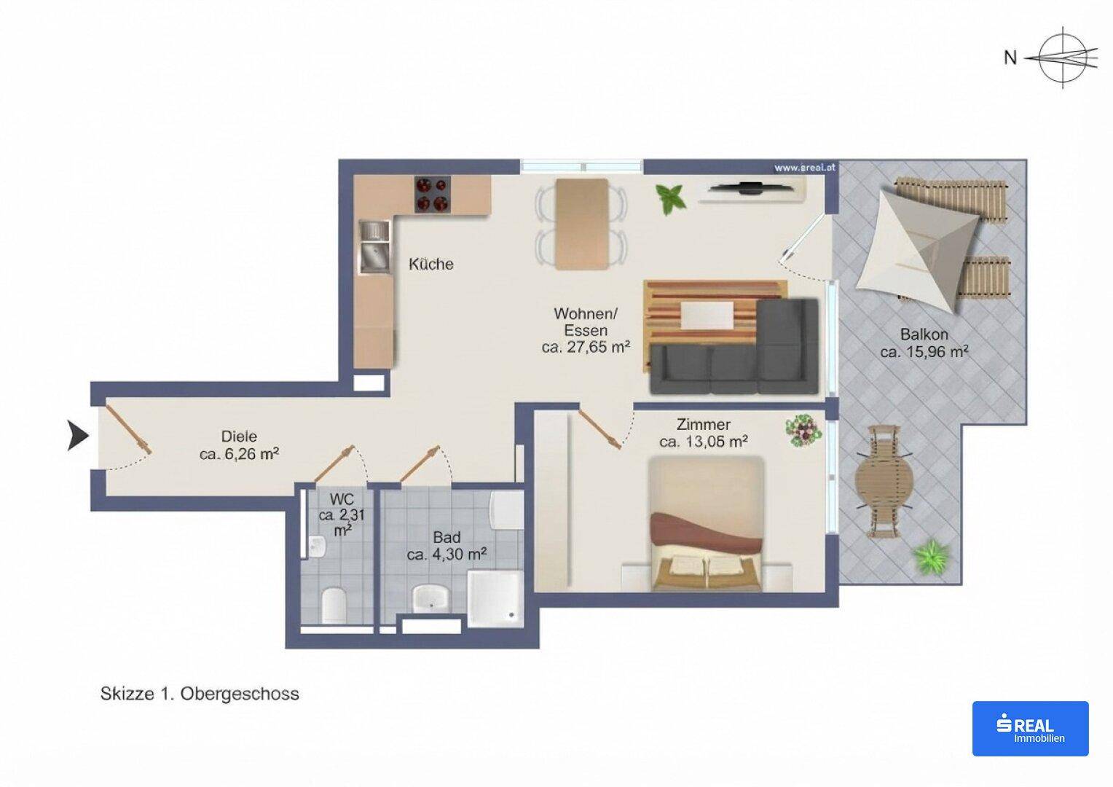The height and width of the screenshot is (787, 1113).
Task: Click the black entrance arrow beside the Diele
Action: [77, 436]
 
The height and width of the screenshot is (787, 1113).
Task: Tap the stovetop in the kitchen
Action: [433, 194]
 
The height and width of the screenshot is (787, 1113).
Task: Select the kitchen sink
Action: [375, 247]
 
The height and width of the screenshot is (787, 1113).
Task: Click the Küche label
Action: [430, 264]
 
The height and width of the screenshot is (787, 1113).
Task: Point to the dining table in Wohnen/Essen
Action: [582, 224]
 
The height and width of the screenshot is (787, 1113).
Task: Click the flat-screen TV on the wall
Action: [750, 188]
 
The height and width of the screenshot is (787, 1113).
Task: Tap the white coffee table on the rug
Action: [707, 316]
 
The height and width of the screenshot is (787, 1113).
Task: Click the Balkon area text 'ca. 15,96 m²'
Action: [924, 352]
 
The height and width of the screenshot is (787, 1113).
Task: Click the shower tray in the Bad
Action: [495, 598]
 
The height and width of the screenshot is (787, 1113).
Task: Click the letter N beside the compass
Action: [1010, 58]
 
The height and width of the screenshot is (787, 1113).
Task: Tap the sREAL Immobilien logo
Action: [1031, 729]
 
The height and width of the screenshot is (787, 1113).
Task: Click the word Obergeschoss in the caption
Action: [240, 694]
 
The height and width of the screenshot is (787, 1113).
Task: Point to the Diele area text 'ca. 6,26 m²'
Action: [239, 454]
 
